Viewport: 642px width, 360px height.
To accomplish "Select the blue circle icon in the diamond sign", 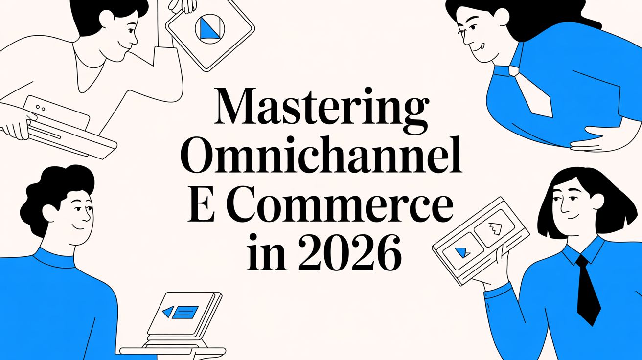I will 209,27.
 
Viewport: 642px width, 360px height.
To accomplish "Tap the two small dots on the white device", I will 41,107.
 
